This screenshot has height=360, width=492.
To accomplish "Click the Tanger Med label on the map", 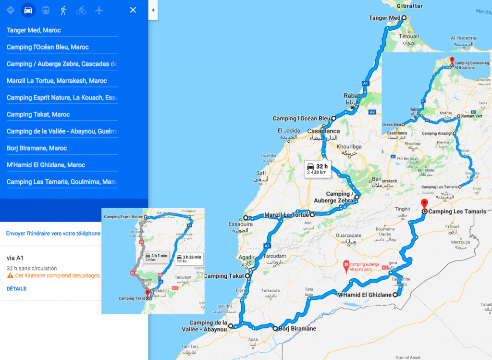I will (384, 18).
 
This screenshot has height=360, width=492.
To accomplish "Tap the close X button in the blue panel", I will (133, 10).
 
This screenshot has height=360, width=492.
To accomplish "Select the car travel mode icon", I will (29, 10).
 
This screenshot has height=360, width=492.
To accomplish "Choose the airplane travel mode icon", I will (99, 10).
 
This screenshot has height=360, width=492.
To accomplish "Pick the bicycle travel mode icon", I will (81, 10).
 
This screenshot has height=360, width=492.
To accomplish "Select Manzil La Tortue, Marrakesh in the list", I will (57, 81).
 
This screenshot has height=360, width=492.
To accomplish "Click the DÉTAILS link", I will (16, 289).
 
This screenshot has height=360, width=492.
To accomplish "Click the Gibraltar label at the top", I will (410, 6).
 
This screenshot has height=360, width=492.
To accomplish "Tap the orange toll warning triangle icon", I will (10, 276).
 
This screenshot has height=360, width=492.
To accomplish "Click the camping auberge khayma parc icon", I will (345, 264).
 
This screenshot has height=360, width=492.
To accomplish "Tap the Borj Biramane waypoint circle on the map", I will (275, 329).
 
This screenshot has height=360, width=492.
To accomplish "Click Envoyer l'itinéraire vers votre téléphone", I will (53, 234).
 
